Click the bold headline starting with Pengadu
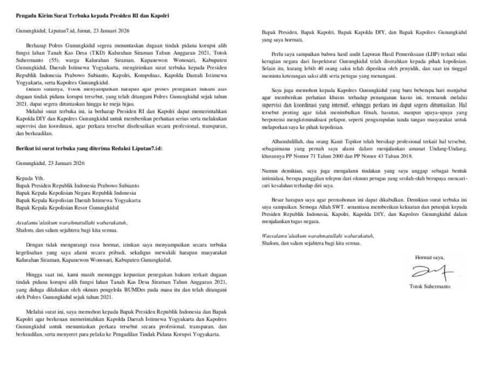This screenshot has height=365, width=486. tap(92, 16)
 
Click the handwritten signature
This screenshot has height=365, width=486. tap(431, 269)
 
